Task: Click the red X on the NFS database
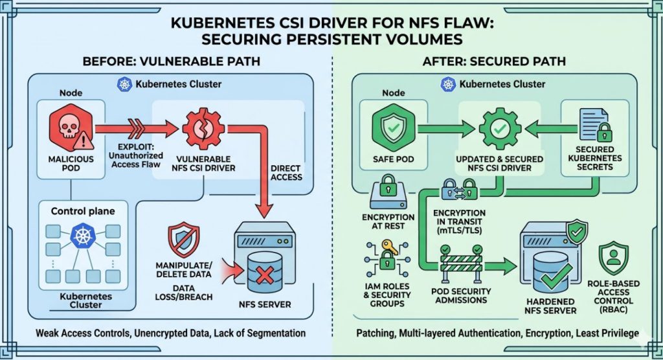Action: pyautogui.click(x=264, y=276)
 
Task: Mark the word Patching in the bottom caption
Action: pyautogui.click(x=377, y=333)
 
